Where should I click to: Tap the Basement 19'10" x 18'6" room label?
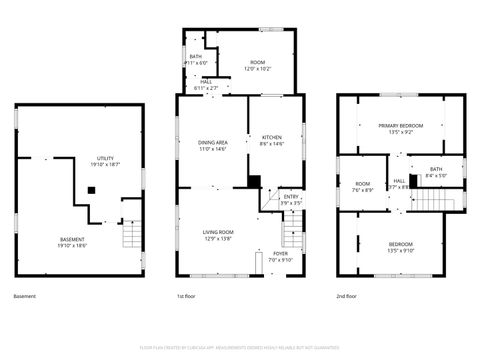[x=72, y=241]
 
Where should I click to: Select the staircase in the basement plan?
[x=132, y=236]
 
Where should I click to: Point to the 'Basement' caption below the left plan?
[x=24, y=297]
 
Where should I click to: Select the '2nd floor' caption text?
[x=348, y=297]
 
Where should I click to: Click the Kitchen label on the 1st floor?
[x=272, y=140]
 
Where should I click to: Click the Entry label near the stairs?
[x=291, y=200]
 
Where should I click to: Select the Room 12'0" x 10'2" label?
[x=257, y=67]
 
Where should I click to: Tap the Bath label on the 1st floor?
[x=196, y=59]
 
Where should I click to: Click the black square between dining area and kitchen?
[x=254, y=181]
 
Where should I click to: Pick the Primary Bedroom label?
[x=400, y=128]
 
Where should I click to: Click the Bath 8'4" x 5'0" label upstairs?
[x=435, y=172]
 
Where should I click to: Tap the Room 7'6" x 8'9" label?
[x=363, y=187]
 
